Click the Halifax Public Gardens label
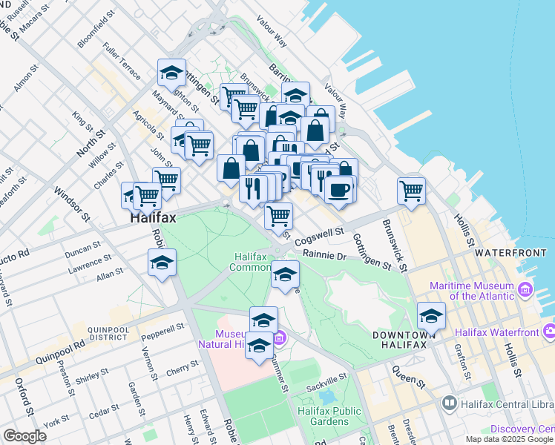click(329, 416)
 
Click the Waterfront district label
click(510, 253)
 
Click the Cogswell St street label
click(319, 237)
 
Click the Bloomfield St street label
click(96, 31)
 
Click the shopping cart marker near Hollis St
click(411, 190)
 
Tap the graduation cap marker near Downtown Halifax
click(431, 316)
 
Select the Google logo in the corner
click(24, 436)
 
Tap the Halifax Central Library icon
click(449, 403)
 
